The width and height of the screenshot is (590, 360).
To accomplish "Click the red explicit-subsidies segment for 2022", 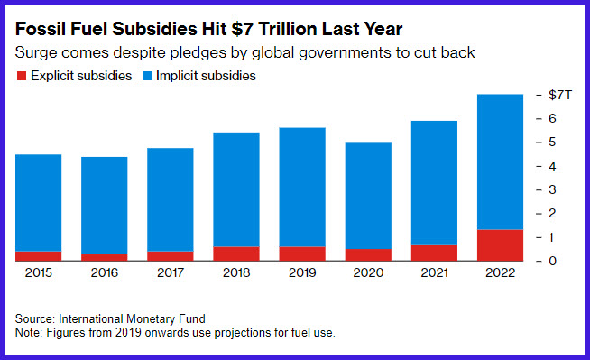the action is [500, 245].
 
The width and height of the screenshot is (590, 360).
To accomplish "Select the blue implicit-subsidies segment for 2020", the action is [368, 195].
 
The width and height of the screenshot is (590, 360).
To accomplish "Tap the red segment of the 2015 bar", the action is [39, 256].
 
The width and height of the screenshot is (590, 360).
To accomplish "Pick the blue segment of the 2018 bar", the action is [236, 189].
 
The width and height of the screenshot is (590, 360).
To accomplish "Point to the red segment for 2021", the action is [434, 253].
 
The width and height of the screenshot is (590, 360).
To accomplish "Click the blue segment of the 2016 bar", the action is [105, 206].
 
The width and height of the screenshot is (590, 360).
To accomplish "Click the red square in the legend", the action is [22, 76].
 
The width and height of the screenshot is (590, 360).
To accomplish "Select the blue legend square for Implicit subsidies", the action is [147, 76].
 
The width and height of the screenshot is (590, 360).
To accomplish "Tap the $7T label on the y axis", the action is [560, 95].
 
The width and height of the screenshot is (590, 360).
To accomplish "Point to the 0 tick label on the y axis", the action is [552, 261].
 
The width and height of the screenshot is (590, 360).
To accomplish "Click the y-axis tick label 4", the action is [552, 166].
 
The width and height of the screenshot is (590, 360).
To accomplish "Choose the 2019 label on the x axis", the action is [302, 272].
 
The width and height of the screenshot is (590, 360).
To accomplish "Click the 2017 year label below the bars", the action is [171, 272].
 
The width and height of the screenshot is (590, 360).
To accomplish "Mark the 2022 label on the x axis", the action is [500, 272].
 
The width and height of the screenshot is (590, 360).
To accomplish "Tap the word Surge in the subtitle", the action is [36, 53].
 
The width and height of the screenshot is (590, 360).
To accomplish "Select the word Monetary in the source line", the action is [151, 319].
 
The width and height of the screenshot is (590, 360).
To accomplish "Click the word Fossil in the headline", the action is [41, 29].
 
